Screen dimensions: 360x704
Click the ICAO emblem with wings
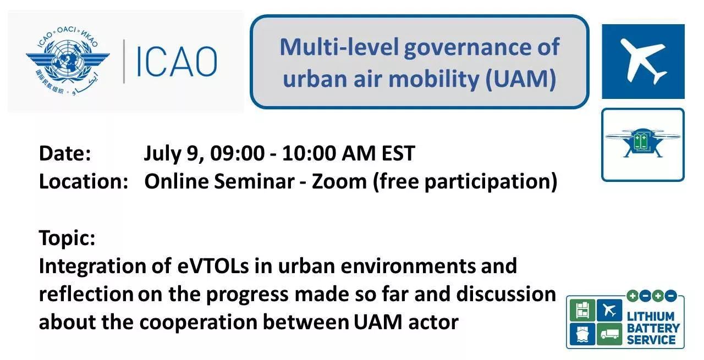click(67, 60)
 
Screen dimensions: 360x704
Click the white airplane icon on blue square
click(642, 61)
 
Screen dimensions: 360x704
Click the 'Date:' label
click(65, 153)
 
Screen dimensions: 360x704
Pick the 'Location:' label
click(83, 181)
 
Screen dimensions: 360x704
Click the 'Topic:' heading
click(67, 239)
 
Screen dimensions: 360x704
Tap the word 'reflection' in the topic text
click(86, 295)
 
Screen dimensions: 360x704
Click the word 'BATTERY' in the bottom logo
click(653, 328)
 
